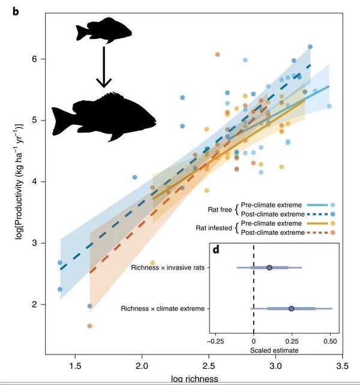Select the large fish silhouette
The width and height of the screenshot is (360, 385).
click(103, 115)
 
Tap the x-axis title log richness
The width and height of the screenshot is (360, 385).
click(193, 379)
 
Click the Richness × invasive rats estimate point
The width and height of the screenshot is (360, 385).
click(269, 267)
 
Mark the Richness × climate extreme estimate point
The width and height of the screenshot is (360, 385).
click(291, 308)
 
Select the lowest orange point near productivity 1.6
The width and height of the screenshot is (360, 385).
click(89, 326)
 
